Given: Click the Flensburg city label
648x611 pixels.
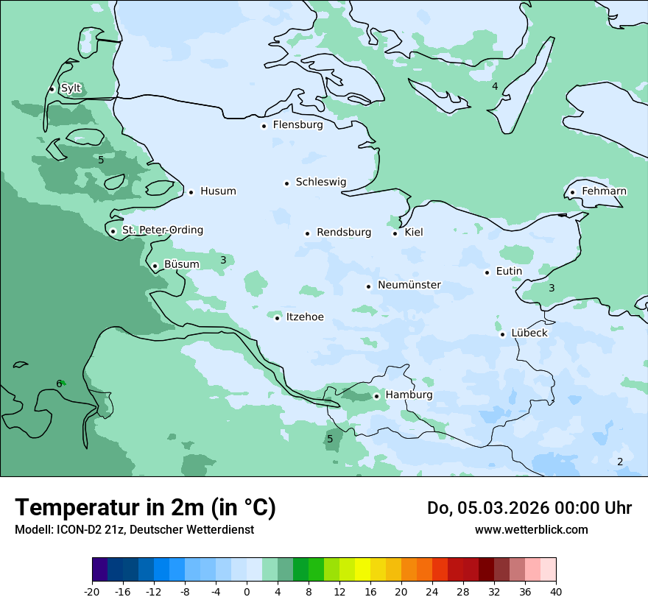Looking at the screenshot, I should pyautogui.click(x=297, y=125).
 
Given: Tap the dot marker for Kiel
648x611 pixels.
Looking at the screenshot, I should pyautogui.click(x=395, y=233).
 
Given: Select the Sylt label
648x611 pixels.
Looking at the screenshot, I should pyautogui.click(x=71, y=88).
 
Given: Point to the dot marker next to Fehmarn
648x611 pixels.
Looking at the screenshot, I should pyautogui.click(x=572, y=193).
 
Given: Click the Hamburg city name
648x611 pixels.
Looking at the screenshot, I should pyautogui.click(x=409, y=395).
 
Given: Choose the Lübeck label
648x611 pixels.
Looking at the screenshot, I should pyautogui.click(x=529, y=333).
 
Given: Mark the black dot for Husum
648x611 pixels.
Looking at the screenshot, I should pyautogui.click(x=191, y=192).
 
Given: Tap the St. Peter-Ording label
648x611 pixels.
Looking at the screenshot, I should pyautogui.click(x=162, y=230).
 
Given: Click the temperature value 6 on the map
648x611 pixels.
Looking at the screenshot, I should pyautogui.click(x=59, y=384).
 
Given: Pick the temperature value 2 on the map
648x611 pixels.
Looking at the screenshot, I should pyautogui.click(x=620, y=462).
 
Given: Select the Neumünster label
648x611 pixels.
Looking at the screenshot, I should pyautogui.click(x=409, y=285).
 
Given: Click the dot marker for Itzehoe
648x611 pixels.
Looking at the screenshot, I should pyautogui.click(x=277, y=318).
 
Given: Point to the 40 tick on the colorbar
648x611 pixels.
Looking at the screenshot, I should pyautogui.click(x=556, y=592).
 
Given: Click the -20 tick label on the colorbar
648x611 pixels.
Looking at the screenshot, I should pyautogui.click(x=92, y=592).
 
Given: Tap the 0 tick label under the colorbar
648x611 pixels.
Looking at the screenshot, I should pyautogui.click(x=247, y=592).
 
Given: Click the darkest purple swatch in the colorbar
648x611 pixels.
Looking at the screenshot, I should pyautogui.click(x=99, y=570).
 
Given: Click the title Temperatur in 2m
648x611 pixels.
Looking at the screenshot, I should pyautogui.click(x=145, y=507).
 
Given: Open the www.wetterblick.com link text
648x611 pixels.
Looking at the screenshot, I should pyautogui.click(x=531, y=530).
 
